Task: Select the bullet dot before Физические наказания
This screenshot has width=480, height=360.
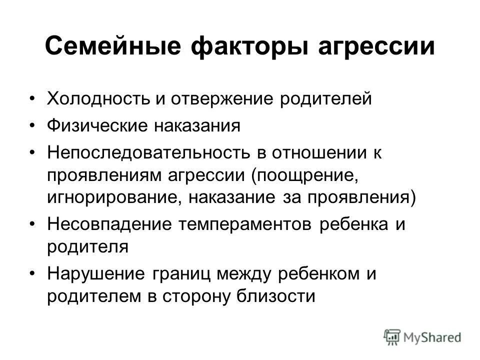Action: pos(33,125)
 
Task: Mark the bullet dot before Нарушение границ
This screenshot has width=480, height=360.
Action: pos(33,274)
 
